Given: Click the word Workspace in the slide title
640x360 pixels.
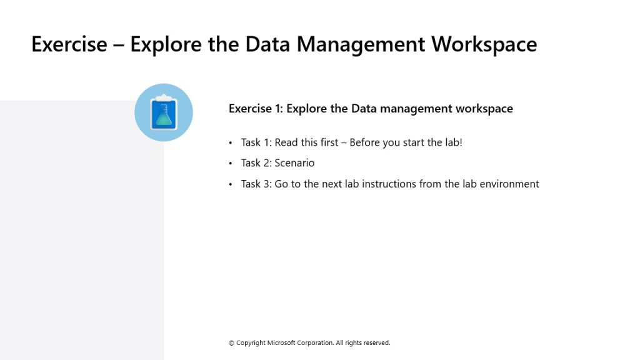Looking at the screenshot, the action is (484, 44).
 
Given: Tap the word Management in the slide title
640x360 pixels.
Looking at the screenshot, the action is (361, 44).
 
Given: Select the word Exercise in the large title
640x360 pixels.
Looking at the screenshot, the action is (69, 44).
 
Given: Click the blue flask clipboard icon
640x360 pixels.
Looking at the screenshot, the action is (164, 112).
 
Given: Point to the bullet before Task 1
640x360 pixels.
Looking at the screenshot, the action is (231, 143).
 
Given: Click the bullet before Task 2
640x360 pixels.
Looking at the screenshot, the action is (231, 163).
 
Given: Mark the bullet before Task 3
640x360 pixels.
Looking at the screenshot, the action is (231, 184).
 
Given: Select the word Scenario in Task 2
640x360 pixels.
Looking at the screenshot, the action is (294, 163).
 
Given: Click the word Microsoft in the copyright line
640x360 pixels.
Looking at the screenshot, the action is (281, 343).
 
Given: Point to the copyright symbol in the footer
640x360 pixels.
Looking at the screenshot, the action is (231, 343).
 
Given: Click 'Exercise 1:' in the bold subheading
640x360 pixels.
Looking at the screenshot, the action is (256, 109).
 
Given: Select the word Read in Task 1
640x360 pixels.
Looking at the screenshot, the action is (286, 142).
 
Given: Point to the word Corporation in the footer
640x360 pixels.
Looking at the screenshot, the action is (315, 343).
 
